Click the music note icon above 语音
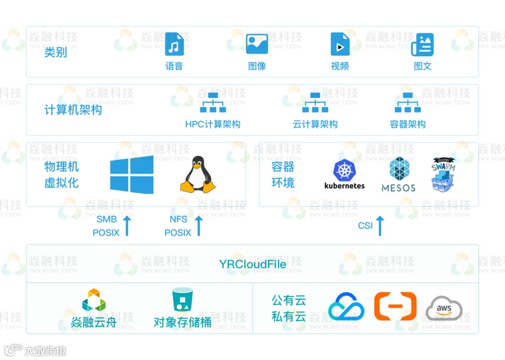[174, 45]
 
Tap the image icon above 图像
[257, 44]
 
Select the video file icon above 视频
[340, 45]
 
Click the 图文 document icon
[422, 45]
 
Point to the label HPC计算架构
[213, 124]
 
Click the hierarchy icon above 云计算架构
[315, 103]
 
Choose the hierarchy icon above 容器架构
[408, 103]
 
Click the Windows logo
[132, 175]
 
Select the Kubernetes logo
[345, 174]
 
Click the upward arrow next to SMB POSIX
[127, 226]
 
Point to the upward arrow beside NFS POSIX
[199, 226]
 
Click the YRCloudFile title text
[252, 264]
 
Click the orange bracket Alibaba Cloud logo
[395, 306]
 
